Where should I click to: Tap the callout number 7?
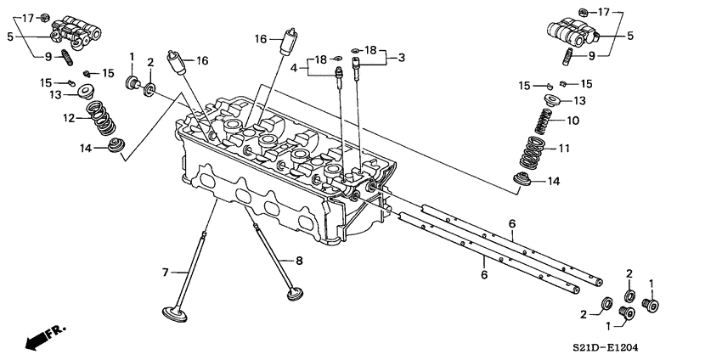tap(166, 273)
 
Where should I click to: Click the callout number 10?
tap(572, 121)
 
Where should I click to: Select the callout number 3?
tap(400, 57)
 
